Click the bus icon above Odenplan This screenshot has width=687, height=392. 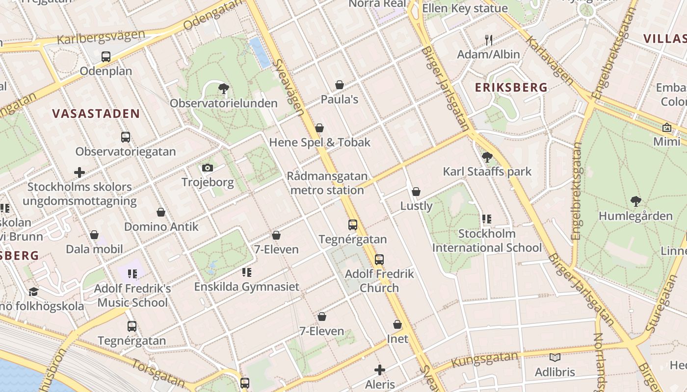click(x=106, y=56)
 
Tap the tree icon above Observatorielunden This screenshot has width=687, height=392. click(x=224, y=89)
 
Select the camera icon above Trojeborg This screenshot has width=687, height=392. click(x=208, y=168)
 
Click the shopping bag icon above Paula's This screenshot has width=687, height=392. click(x=339, y=85)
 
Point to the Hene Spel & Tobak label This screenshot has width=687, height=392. click(x=319, y=143)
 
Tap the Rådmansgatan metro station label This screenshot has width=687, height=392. click(x=327, y=183)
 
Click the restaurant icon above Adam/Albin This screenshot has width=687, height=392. click(x=488, y=40)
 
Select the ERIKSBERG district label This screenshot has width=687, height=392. click(x=511, y=88)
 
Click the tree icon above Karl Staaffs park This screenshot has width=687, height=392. click(x=487, y=157)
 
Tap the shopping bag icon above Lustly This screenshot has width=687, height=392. click(x=416, y=191)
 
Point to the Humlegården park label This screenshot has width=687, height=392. click(x=635, y=216)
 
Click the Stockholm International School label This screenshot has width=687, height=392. click(x=487, y=241)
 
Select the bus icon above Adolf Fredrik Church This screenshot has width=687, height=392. click(x=379, y=260)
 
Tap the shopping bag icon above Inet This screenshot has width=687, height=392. click(x=397, y=324)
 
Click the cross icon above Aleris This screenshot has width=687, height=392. click(x=380, y=370)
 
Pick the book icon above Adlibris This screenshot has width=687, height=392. click(x=555, y=358)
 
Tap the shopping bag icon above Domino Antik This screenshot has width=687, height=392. click(x=161, y=212)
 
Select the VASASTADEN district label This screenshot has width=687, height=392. click(x=96, y=114)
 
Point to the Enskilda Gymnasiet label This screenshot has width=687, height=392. click(x=246, y=287)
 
